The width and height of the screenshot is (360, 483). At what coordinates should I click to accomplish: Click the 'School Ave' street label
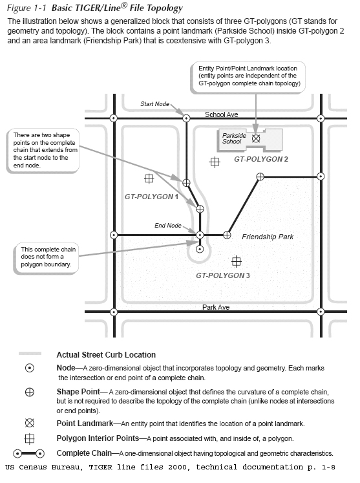pyautogui.click(x=222, y=114)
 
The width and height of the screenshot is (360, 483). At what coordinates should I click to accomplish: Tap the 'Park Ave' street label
pyautogui.click(x=216, y=307)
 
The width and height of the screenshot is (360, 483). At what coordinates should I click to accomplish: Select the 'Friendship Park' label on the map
pyautogui.click(x=268, y=237)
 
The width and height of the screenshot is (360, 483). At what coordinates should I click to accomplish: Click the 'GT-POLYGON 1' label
pyautogui.click(x=151, y=196)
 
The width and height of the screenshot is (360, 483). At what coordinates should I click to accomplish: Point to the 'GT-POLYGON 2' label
pyautogui.click(x=260, y=158)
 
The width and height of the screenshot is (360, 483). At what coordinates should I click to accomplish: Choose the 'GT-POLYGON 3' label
pyautogui.click(x=222, y=275)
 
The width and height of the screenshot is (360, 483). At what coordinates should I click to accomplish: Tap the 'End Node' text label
pyautogui.click(x=168, y=226)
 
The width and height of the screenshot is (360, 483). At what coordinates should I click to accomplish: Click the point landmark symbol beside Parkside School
pyautogui.click(x=256, y=138)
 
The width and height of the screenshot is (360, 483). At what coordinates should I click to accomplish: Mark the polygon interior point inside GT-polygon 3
pyautogui.click(x=237, y=261)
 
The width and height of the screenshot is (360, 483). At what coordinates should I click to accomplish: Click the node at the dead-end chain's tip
pyautogui.click(x=200, y=248)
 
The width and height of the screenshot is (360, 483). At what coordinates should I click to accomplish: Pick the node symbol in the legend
pyautogui.click(x=29, y=368)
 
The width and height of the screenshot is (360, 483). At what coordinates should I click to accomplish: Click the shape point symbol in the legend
pyautogui.click(x=29, y=392)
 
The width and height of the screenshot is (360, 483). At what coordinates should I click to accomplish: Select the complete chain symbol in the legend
pyautogui.click(x=29, y=453)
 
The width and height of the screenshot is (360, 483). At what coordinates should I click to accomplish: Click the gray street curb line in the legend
pyautogui.click(x=29, y=354)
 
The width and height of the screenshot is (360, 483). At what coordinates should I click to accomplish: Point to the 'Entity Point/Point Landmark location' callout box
pyautogui.click(x=249, y=76)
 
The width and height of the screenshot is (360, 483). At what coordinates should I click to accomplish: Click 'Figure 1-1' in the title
pyautogui.click(x=26, y=8)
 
